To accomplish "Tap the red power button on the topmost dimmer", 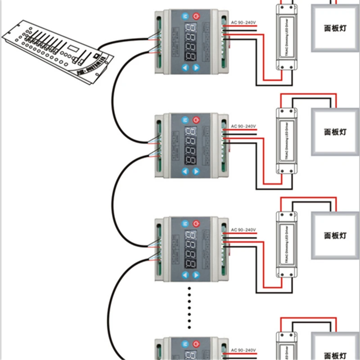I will pos(196,17).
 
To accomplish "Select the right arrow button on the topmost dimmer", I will pos(196,68).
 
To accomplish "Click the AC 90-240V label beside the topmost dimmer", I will pos(243,22).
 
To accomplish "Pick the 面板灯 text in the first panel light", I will pos(335,28).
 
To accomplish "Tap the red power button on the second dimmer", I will pos(196,120).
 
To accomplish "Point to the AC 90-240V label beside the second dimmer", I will pos(243,126).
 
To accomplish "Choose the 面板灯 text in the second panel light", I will pos(335,132).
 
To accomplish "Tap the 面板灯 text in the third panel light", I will pos(335,235).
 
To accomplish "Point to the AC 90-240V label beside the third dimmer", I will pos(243,230).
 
